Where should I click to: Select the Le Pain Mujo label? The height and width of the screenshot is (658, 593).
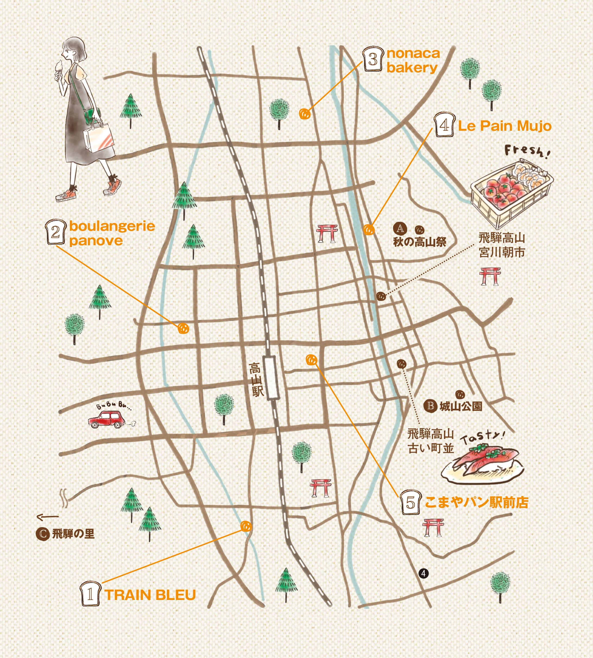pyautogui.click(x=504, y=126)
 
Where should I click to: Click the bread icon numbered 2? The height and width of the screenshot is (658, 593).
pyautogui.click(x=56, y=232)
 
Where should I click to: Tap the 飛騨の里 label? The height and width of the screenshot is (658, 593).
pyautogui.click(x=73, y=534)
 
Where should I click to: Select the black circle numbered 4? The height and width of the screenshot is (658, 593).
pyautogui.click(x=423, y=583)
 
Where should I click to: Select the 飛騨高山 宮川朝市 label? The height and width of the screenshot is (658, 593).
pyautogui.click(x=501, y=245)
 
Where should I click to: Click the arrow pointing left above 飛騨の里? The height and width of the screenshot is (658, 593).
pyautogui.click(x=47, y=516)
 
